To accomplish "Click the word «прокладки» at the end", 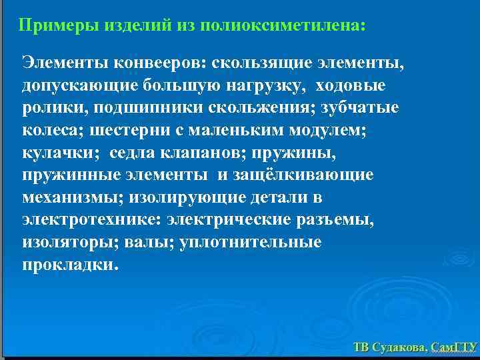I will (69, 264).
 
